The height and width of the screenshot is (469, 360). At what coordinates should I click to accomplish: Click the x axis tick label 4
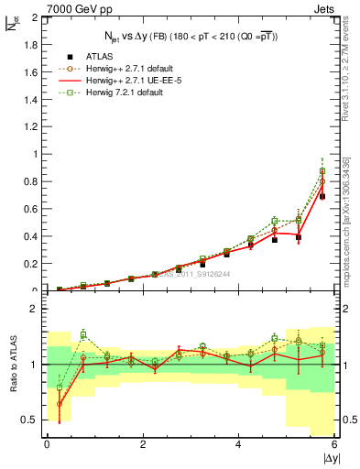click(x=239, y=443)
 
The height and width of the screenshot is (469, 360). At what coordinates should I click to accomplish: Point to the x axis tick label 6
click(x=335, y=443)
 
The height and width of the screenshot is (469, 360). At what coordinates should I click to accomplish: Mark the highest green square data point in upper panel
click(x=322, y=171)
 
